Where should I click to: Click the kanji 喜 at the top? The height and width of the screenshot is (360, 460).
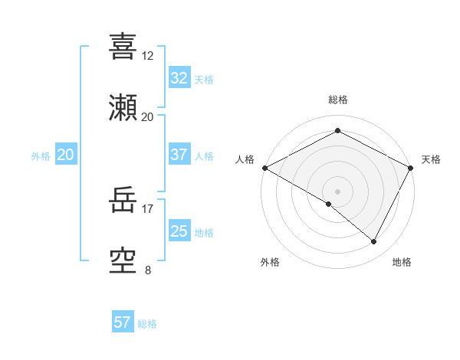tap(123, 47)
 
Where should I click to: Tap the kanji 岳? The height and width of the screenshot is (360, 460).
tap(123, 201)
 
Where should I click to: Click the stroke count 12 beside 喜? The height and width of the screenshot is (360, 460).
tap(147, 56)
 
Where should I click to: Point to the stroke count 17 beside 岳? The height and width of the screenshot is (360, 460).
tap(147, 208)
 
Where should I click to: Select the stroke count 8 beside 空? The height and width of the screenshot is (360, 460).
tap(147, 270)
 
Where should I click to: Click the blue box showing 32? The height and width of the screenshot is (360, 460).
tap(179, 79)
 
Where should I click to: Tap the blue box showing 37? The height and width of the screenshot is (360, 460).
tap(179, 155)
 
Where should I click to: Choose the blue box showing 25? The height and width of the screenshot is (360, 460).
tap(179, 231)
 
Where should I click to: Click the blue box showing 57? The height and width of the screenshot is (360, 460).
tap(123, 322)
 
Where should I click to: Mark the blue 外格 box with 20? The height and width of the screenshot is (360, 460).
tap(65, 155)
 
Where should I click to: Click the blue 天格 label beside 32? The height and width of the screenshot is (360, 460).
tap(204, 80)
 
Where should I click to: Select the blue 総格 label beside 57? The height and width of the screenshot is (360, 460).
tap(147, 323)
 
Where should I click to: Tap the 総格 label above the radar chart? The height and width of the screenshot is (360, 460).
tap(338, 100)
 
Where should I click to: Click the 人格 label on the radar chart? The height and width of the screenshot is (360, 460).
tap(245, 159)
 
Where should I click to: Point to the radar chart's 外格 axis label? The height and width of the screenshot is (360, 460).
tap(270, 262)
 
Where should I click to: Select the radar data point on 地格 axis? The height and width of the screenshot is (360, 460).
tap(374, 242)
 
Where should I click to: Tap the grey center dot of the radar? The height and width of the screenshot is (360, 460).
tap(337, 191)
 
